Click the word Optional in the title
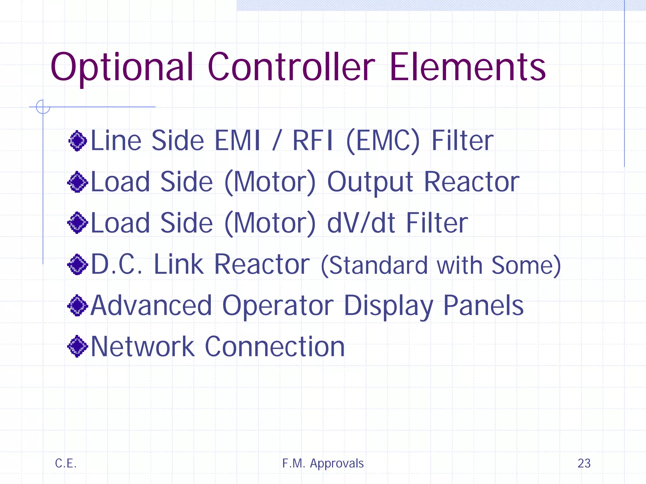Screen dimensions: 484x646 tap(122, 68)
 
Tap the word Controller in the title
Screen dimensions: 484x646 tap(291, 67)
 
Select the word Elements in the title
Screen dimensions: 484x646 tap(467, 67)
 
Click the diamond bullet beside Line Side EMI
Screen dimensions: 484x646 tap(78, 141)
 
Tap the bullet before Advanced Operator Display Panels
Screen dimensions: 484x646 tap(78, 305)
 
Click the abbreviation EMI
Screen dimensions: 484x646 tap(237, 141)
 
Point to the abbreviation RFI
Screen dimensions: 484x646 tap(313, 141)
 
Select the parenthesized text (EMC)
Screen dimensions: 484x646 tap(383, 141)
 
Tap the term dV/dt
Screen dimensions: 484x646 tap(361, 223)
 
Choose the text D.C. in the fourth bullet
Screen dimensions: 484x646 tap(117, 264)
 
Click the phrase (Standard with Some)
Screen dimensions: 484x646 tap(441, 266)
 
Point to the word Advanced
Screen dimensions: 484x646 tap(151, 305)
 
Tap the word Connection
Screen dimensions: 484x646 tap(275, 347)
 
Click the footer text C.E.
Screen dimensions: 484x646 tap(66, 463)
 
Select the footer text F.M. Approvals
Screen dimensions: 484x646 tap(323, 464)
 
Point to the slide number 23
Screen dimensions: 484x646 tap(584, 463)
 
